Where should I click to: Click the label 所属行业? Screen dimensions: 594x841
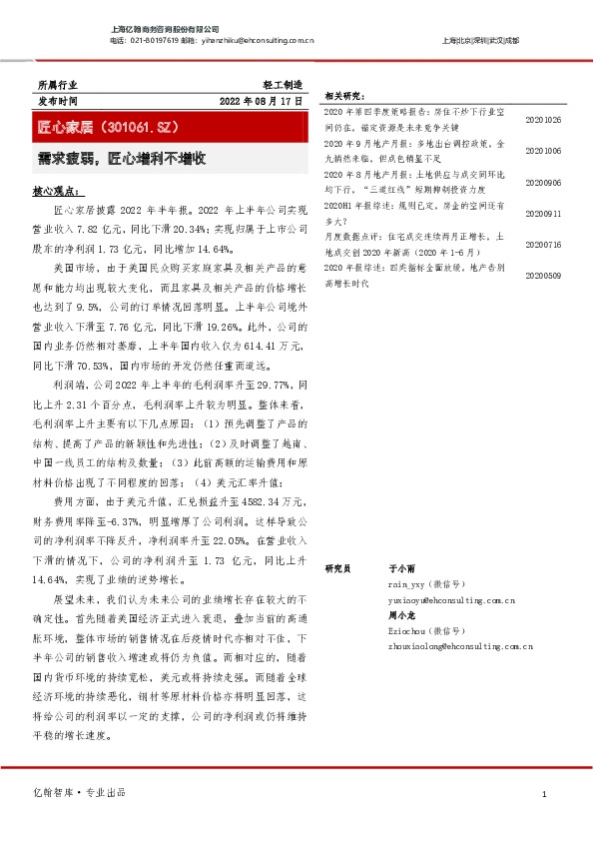click(56, 85)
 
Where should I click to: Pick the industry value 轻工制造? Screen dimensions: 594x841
click(281, 85)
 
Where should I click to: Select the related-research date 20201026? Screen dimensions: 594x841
click(543, 120)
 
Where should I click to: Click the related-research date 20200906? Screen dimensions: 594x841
click(543, 183)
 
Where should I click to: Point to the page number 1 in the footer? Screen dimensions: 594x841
click(544, 794)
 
